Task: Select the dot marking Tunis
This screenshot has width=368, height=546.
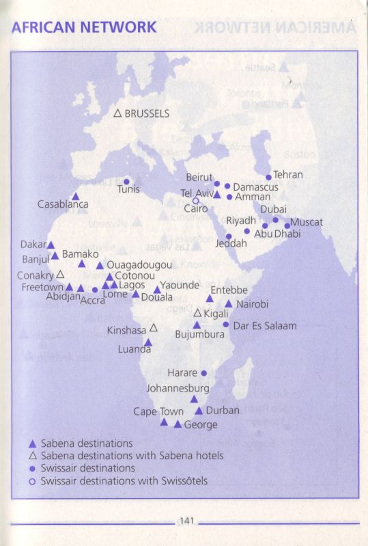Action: click(x=126, y=182)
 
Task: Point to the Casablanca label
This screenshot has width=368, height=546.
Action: click(x=63, y=204)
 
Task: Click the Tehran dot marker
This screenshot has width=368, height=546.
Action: click(x=268, y=175)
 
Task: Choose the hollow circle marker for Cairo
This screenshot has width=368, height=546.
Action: click(x=195, y=201)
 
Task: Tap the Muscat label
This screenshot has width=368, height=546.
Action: click(x=307, y=222)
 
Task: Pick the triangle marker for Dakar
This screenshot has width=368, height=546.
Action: click(x=51, y=245)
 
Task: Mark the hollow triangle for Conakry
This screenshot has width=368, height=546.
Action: click(x=60, y=274)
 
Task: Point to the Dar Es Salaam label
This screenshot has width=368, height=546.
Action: click(x=265, y=326)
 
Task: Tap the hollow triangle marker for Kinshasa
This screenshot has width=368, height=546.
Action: click(x=154, y=328)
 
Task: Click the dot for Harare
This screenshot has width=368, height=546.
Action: click(x=203, y=373)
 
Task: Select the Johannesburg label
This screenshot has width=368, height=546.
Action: click(x=178, y=388)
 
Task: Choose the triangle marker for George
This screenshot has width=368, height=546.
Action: click(x=178, y=424)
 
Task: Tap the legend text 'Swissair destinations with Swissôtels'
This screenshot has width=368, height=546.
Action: click(x=124, y=481)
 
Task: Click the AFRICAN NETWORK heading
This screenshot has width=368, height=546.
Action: click(x=85, y=27)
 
